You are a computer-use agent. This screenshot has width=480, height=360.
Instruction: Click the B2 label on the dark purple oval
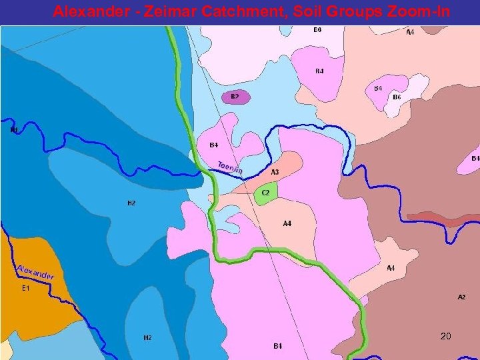(235, 97)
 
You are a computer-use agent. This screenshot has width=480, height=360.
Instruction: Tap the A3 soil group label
(274, 172)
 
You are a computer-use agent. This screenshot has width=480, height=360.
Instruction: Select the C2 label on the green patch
(265, 193)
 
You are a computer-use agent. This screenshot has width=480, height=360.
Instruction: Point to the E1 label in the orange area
(26, 289)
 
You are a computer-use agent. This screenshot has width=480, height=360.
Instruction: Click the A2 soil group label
(461, 297)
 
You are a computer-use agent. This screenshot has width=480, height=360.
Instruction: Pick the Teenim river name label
(230, 169)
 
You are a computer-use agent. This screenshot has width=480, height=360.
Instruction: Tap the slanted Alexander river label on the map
(35, 271)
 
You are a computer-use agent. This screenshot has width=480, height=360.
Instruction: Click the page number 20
(446, 337)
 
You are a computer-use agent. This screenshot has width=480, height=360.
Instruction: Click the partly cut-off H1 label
(13, 131)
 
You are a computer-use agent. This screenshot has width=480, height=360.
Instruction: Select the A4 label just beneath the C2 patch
(287, 224)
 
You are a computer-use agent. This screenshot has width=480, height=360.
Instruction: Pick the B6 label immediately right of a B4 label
(396, 97)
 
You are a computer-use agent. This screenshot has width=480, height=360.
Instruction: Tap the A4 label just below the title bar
(410, 32)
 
